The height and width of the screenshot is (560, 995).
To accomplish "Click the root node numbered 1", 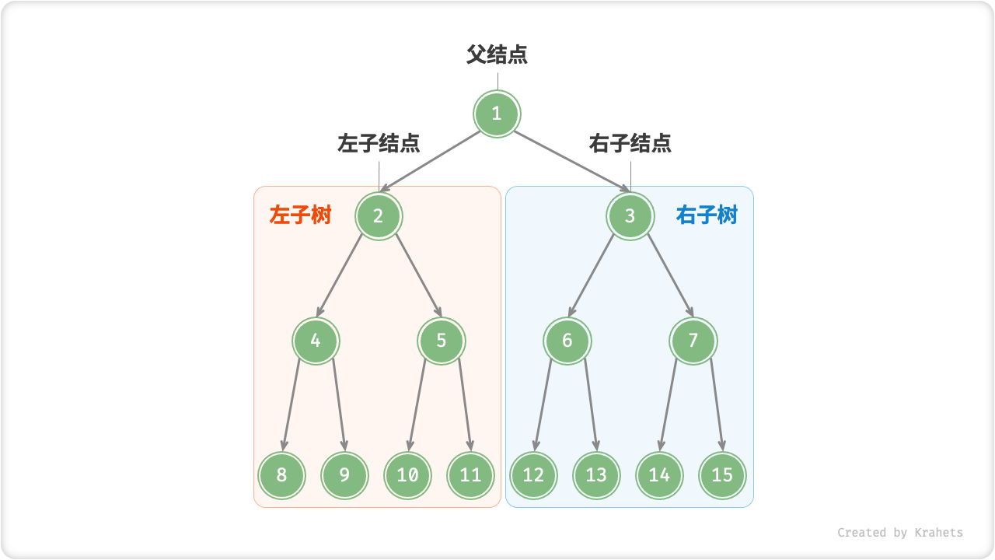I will pos(497,114).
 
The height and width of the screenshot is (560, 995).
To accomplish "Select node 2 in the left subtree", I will pos(379,215).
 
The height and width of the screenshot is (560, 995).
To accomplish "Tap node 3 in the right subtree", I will pos(630,215).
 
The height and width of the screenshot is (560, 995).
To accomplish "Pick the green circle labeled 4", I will pos(316,341).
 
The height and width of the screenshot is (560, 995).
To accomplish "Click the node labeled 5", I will pos(442,341).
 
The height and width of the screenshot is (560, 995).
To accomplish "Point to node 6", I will pos(567,341).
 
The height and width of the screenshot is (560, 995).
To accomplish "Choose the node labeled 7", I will pos(693,341).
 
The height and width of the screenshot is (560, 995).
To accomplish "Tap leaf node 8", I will pos(281,474).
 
